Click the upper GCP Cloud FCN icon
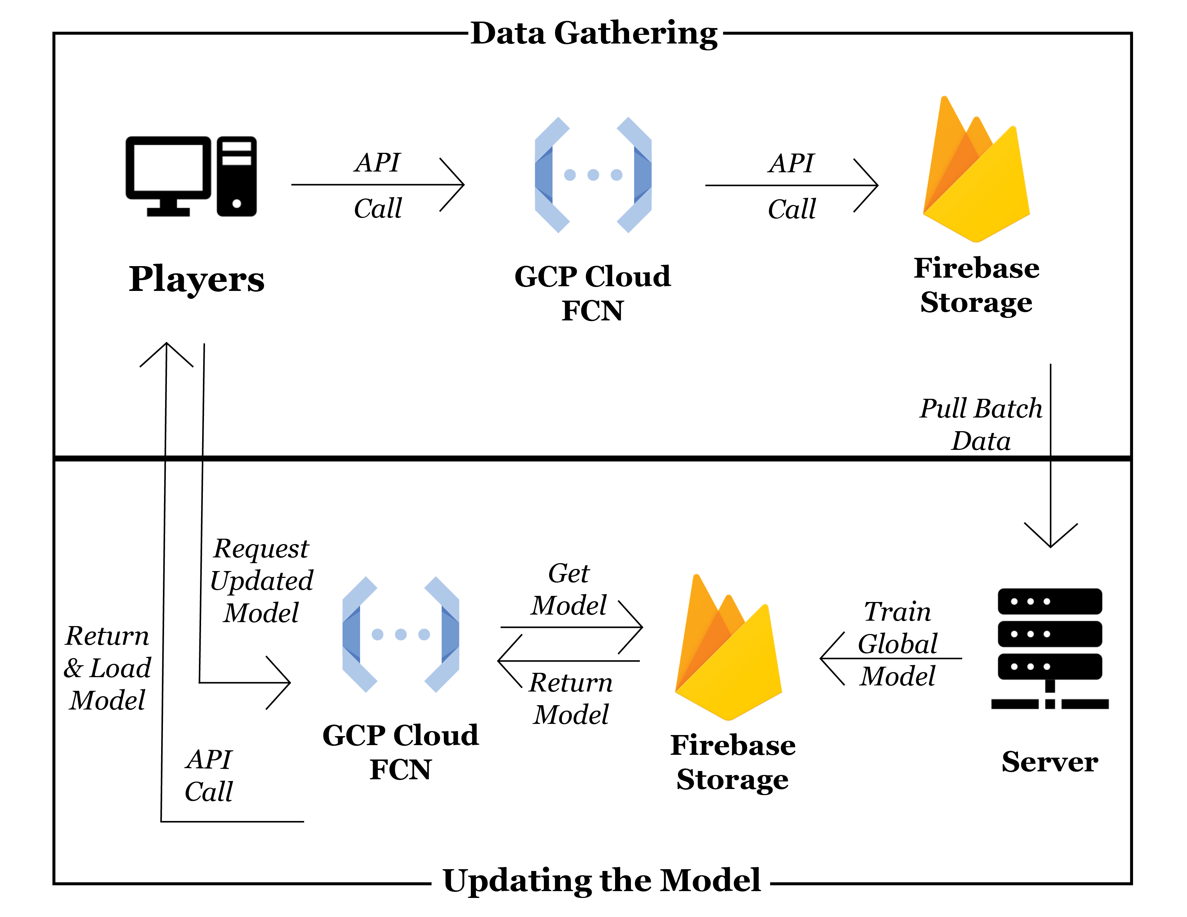[x=593, y=175]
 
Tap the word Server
[x=1050, y=762]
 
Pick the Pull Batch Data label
[x=981, y=424]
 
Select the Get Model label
[x=568, y=589]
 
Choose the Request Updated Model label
[x=261, y=581]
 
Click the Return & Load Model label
[x=107, y=668]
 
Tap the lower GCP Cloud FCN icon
[x=401, y=634]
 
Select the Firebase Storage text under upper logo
[x=976, y=285]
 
